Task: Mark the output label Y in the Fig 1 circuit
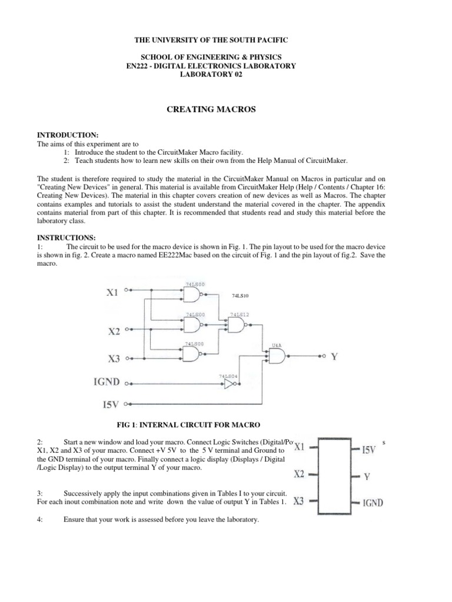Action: [x=334, y=356]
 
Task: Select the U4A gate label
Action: [x=276, y=347]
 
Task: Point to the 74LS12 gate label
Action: [x=240, y=315]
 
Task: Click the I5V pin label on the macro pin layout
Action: [x=368, y=451]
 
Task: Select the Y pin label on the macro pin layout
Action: [x=366, y=477]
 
